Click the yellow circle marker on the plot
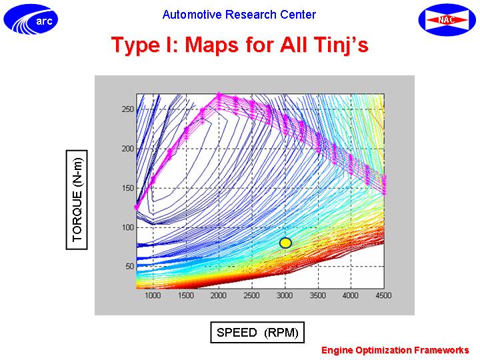[x=285, y=243]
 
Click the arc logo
[x=31, y=19]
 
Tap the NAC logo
[x=447, y=20]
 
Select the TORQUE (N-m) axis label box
[x=77, y=199]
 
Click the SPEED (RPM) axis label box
[x=257, y=332]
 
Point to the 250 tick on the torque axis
[x=127, y=109]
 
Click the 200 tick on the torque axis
[x=127, y=149]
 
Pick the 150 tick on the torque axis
[x=127, y=188]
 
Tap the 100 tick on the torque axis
[x=127, y=227]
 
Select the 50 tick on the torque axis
[x=130, y=266]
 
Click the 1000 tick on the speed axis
[x=153, y=295]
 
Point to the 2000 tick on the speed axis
[x=219, y=295]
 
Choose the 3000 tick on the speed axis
[x=285, y=295]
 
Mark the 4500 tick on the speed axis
[x=383, y=295]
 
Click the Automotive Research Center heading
[x=239, y=15]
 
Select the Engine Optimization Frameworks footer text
[x=395, y=350]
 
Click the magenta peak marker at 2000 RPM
[x=219, y=95]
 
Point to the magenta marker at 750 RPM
[x=137, y=207]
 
